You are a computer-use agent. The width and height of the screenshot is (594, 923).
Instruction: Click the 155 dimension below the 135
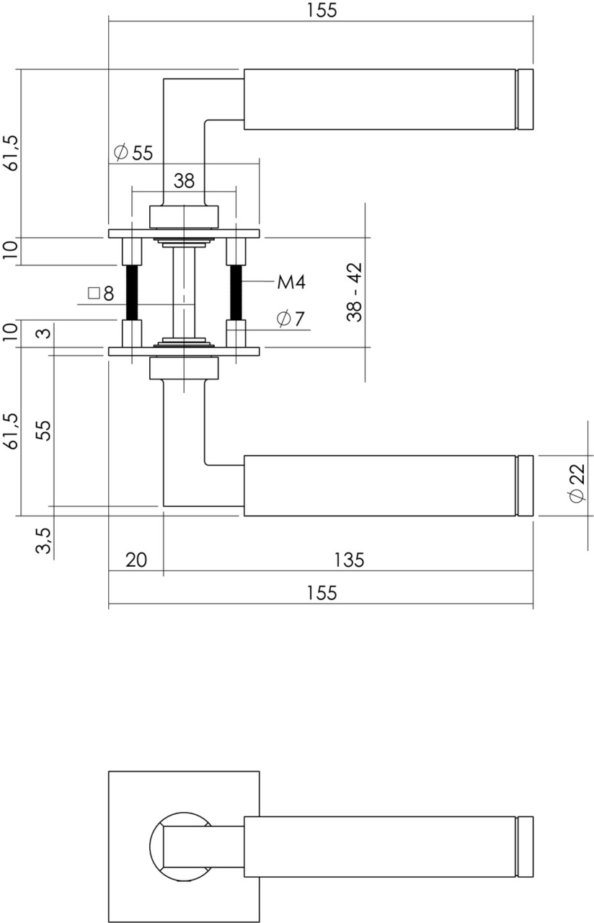coord(321,593)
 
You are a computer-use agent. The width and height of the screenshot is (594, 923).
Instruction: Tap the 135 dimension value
coord(349,560)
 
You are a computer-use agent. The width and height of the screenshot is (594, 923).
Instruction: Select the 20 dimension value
coord(136,560)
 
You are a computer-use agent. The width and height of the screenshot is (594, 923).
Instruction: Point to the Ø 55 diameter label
coord(133,153)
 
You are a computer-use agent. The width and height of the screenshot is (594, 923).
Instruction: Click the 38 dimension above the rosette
coord(184,180)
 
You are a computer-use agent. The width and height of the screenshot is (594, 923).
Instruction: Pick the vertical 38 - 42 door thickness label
coord(354,292)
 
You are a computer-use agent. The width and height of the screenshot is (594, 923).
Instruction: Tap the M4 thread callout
coord(291,283)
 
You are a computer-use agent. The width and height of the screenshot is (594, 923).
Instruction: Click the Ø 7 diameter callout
coord(291,318)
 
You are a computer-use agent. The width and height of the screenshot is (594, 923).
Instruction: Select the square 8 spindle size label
coord(100,293)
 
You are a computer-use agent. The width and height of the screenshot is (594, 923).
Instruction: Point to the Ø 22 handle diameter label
coord(577,484)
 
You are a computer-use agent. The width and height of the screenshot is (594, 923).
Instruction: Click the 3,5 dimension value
coord(44,540)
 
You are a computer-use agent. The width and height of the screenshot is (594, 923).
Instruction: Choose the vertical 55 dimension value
coord(44,430)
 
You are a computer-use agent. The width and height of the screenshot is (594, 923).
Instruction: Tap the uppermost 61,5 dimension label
coord(10,152)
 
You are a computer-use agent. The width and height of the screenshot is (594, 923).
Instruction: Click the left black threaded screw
coord(132,292)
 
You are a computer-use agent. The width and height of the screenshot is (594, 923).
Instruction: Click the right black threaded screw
coord(236,292)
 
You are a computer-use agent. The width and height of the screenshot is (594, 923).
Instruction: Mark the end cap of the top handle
coord(526,100)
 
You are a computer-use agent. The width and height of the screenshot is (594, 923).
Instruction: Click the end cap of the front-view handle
coord(526,847)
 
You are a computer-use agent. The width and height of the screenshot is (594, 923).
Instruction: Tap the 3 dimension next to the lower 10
coord(44,333)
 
